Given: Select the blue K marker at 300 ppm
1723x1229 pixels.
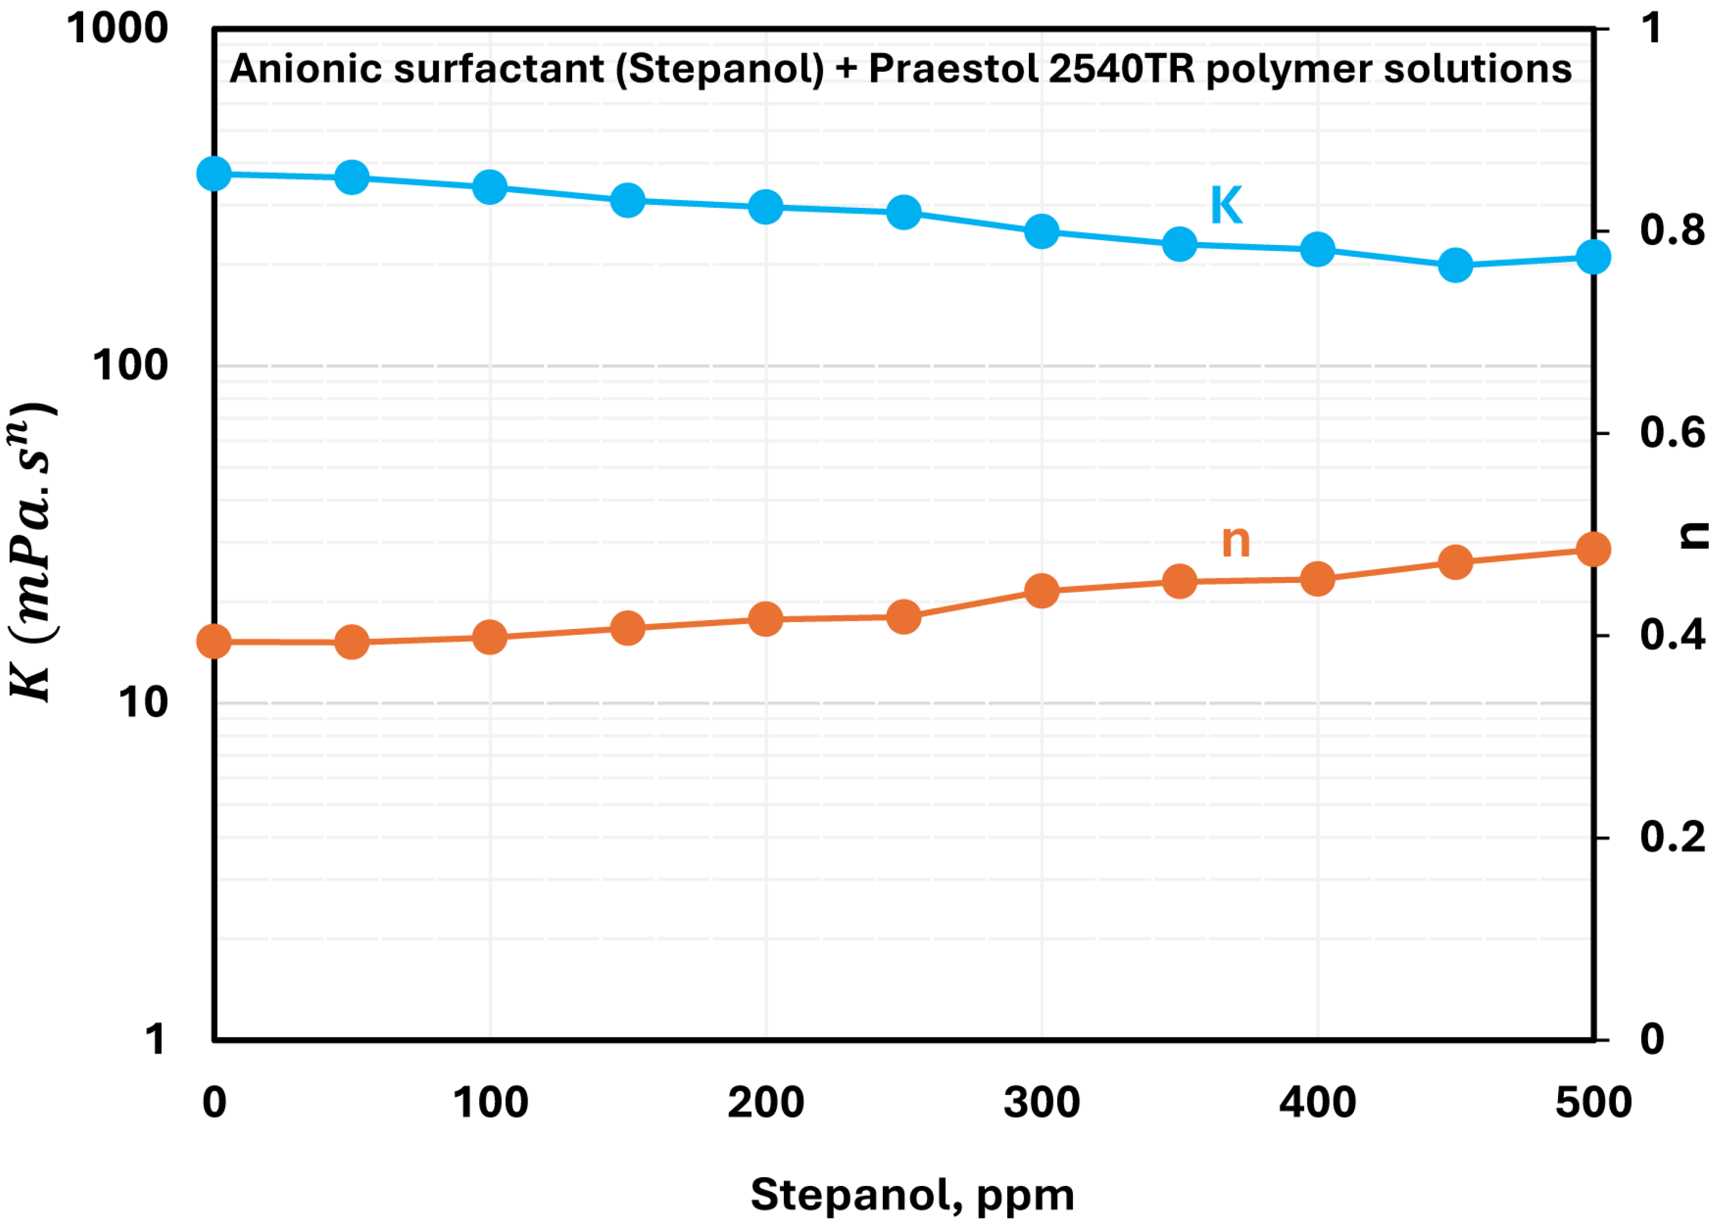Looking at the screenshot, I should pos(1042,231).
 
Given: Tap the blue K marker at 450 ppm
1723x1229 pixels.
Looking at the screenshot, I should pos(1455,266).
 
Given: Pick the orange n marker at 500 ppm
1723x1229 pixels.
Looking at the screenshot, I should pos(1593,549).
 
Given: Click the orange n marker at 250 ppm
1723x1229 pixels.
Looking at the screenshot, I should pos(903,617).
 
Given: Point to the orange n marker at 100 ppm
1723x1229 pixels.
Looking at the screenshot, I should pos(490,637).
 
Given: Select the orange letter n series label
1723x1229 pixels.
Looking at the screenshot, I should pos(1236,541).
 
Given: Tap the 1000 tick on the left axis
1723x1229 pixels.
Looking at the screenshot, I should pos(117,29).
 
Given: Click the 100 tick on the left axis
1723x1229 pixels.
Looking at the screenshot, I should pos(130,366).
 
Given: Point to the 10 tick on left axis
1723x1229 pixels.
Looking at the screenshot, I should pos(143,703).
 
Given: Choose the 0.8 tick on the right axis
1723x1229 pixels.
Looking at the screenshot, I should pos(1672,231).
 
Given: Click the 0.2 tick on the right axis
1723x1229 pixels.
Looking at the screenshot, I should pos(1672,838).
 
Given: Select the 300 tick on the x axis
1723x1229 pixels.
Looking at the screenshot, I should pos(1042,1102).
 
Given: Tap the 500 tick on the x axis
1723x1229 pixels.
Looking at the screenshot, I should pos(1593,1102).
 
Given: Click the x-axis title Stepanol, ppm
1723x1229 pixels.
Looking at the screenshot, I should pos(912,1195).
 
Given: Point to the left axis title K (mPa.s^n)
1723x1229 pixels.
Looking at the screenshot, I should pos(32,552).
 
